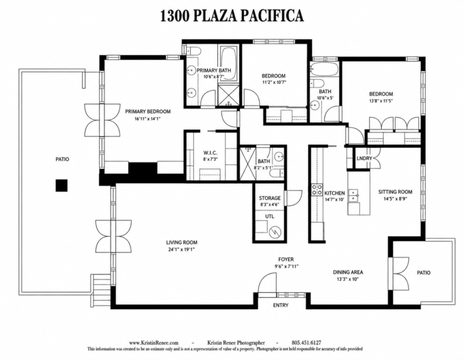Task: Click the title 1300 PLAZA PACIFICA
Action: pos(232,16)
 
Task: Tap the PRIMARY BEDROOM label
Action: pos(148,112)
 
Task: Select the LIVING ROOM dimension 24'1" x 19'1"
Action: pos(182,249)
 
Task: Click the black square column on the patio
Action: pos(62,185)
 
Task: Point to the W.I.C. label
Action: pos(210,153)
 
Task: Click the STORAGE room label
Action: pos(269,198)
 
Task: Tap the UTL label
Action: pos(269,216)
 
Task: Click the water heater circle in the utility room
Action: pos(275,233)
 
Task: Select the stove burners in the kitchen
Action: pos(316,190)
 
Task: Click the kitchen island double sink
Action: pos(353,196)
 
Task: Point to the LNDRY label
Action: pos(364,158)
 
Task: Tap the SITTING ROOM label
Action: pos(395,192)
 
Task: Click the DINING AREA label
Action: pos(348,272)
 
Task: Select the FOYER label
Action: pos(286,260)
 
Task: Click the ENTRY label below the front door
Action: pos(281,305)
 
